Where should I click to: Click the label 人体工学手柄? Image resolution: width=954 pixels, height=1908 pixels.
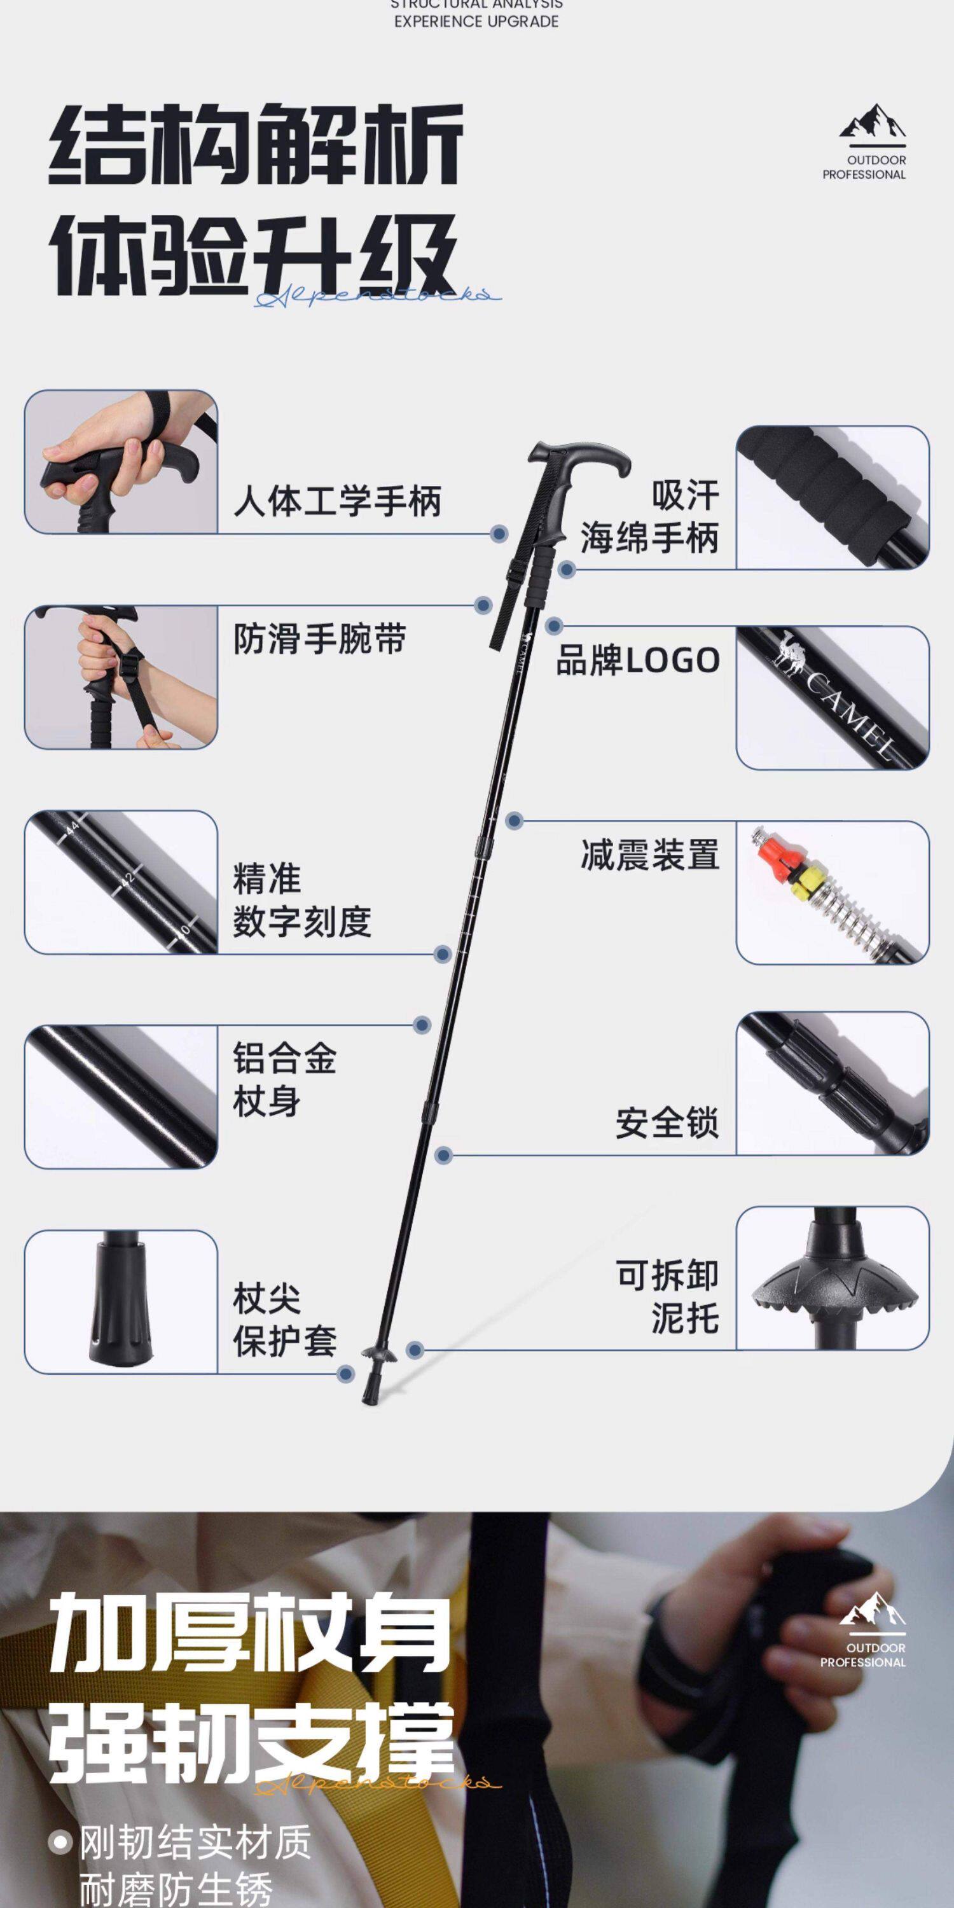pyautogui.click(x=337, y=501)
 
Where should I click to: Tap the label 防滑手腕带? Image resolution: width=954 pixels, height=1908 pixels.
pyautogui.click(x=319, y=639)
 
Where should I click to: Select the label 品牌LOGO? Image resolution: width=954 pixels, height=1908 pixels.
pyautogui.click(x=638, y=660)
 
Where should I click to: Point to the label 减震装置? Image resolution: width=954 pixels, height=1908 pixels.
pyautogui.click(x=649, y=855)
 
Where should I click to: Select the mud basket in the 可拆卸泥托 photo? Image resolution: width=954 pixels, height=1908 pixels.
pyautogui.click(x=834, y=1296)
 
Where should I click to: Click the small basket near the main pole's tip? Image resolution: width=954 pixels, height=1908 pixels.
pyautogui.click(x=379, y=1355)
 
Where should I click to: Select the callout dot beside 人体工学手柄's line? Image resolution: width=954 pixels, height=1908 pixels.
pyautogui.click(x=500, y=534)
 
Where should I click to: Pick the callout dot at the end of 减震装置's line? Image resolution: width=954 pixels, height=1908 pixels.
pyautogui.click(x=515, y=820)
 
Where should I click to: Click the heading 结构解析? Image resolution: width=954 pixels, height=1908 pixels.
pyautogui.click(x=256, y=144)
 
